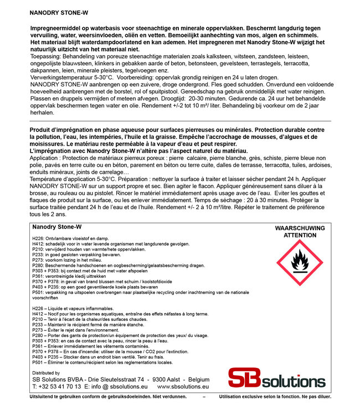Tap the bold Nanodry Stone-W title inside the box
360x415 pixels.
pyautogui.click(x=57, y=227)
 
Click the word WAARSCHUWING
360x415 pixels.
pyautogui.click(x=300, y=228)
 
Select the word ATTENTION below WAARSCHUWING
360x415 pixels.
pyautogui.click(x=300, y=235)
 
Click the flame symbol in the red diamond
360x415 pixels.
pyautogui.click(x=300, y=262)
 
